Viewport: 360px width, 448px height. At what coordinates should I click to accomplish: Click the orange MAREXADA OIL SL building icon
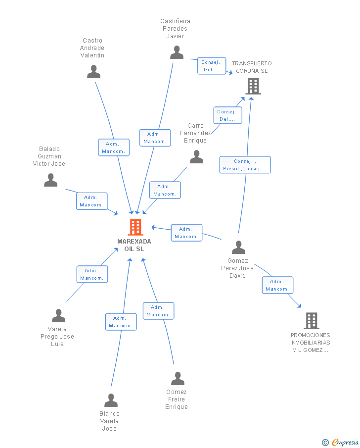click(x=135, y=227)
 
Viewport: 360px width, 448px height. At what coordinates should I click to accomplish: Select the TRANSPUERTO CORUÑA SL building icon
click(x=253, y=86)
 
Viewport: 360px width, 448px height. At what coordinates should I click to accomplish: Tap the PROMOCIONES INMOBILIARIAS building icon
click(x=311, y=321)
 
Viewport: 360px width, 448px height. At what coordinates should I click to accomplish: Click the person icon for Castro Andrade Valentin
click(x=93, y=72)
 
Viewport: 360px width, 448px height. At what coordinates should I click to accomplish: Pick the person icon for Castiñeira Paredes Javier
click(x=177, y=52)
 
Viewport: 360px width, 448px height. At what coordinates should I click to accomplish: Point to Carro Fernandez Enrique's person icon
click(x=196, y=157)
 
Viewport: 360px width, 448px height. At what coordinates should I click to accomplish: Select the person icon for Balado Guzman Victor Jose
click(x=50, y=180)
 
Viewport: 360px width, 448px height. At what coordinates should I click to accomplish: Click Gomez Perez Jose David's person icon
click(x=238, y=247)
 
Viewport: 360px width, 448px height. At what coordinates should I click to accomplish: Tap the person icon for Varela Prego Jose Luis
click(x=58, y=315)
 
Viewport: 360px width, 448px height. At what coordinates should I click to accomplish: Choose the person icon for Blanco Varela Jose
click(x=111, y=400)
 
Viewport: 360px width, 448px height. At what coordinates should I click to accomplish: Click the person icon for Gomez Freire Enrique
click(x=178, y=379)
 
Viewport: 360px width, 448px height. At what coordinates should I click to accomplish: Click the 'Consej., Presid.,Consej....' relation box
click(x=245, y=165)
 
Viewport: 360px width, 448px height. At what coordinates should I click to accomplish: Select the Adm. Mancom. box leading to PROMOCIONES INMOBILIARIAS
click(x=277, y=285)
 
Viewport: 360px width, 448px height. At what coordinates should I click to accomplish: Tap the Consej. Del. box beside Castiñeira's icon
click(x=212, y=66)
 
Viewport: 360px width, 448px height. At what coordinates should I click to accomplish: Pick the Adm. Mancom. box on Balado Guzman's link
click(x=91, y=201)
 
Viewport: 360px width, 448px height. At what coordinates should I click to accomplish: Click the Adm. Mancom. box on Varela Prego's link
click(x=92, y=274)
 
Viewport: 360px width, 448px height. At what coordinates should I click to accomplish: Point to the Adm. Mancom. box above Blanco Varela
click(x=121, y=322)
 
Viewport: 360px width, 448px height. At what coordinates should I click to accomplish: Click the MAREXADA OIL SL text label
click(x=134, y=245)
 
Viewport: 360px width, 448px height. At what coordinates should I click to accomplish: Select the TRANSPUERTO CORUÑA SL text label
click(x=252, y=67)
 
